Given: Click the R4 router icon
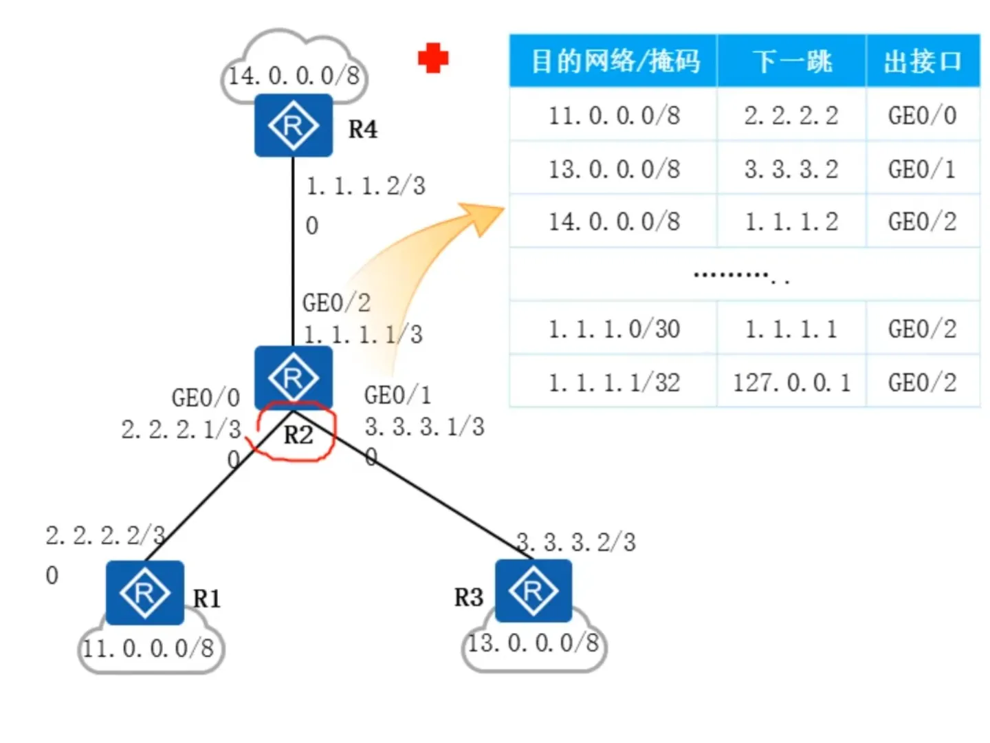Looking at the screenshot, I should [x=294, y=126].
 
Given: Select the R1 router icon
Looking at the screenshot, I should [x=144, y=592].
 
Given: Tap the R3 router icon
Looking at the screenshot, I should [x=533, y=590].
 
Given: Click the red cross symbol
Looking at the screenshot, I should [x=433, y=58].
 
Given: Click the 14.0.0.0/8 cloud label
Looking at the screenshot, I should [x=294, y=75].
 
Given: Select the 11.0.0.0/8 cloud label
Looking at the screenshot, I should [x=148, y=647].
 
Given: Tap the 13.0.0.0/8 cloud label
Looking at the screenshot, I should [x=533, y=643].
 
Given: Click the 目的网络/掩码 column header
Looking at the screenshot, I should [x=614, y=61].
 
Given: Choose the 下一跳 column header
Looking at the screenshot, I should [x=791, y=61].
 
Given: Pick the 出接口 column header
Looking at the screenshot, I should [x=922, y=61].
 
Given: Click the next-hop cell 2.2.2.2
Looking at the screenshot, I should [x=791, y=116].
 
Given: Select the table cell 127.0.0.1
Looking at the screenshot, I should [x=791, y=382].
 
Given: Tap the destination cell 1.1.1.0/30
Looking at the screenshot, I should [x=614, y=329].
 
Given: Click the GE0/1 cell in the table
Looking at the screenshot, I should [x=922, y=169].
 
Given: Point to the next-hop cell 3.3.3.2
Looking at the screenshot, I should [x=791, y=169].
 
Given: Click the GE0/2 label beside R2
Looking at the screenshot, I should [x=336, y=302].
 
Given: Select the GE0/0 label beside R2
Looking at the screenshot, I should [x=206, y=397].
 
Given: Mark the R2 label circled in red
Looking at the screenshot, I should [x=298, y=435].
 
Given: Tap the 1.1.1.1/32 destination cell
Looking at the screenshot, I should [x=614, y=382].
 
